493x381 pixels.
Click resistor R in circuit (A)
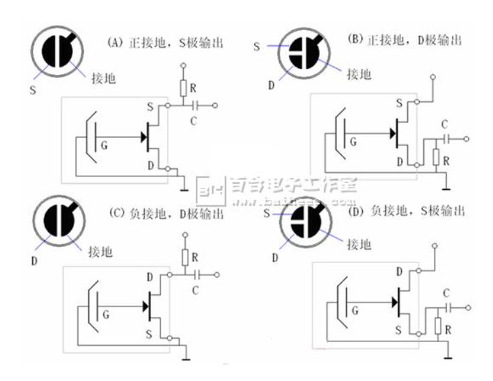click(183, 87)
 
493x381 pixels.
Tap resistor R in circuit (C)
click(183, 257)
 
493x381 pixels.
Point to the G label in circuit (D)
click(353, 311)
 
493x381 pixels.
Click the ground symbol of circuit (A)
click(182, 176)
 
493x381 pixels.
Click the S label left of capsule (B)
click(256, 46)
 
